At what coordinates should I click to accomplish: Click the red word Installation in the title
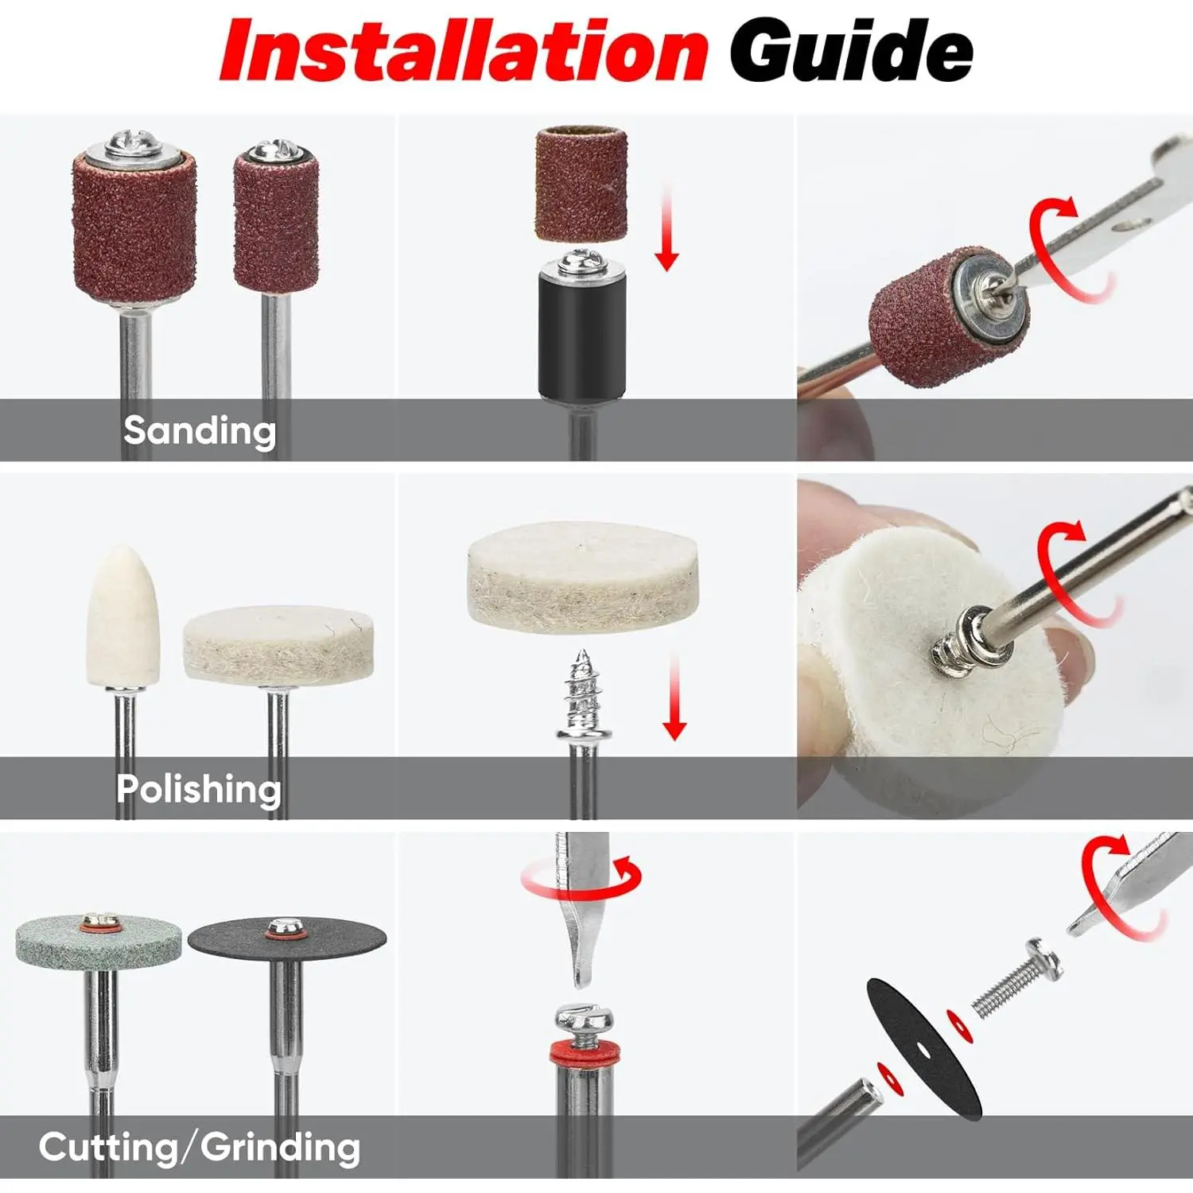click(x=464, y=50)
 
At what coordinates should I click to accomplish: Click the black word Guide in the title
click(x=852, y=50)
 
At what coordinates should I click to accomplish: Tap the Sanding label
click(x=200, y=431)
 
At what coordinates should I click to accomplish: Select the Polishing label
click(x=199, y=790)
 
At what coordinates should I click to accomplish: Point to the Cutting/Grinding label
click(x=200, y=1148)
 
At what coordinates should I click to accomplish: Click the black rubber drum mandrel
click(x=581, y=330)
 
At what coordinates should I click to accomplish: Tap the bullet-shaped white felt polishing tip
click(x=123, y=616)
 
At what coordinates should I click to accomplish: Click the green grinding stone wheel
click(x=99, y=941)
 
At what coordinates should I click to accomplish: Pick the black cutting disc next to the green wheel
click(x=287, y=939)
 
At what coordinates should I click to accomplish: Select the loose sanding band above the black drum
click(x=581, y=184)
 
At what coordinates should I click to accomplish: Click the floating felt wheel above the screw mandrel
click(x=583, y=577)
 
